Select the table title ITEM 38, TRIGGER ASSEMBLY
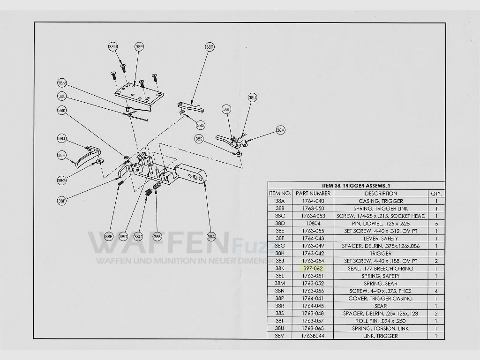pos(356,186)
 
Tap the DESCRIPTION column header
pos(381,193)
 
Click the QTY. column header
pos(436,193)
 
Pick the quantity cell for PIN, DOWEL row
pos(436,223)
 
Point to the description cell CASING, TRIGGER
pos(381,201)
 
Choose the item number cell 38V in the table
pos(280,336)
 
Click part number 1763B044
pos(313,336)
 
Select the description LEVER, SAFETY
pos(381,238)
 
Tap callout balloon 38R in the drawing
pos(210,47)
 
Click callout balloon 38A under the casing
pos(211,236)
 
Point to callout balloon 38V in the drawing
pos(280,130)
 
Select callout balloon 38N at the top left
pos(113,47)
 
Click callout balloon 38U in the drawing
pos(252,97)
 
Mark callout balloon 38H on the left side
pos(62,155)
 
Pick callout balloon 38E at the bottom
pos(109,236)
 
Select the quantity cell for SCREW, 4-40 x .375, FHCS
pos(436,291)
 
